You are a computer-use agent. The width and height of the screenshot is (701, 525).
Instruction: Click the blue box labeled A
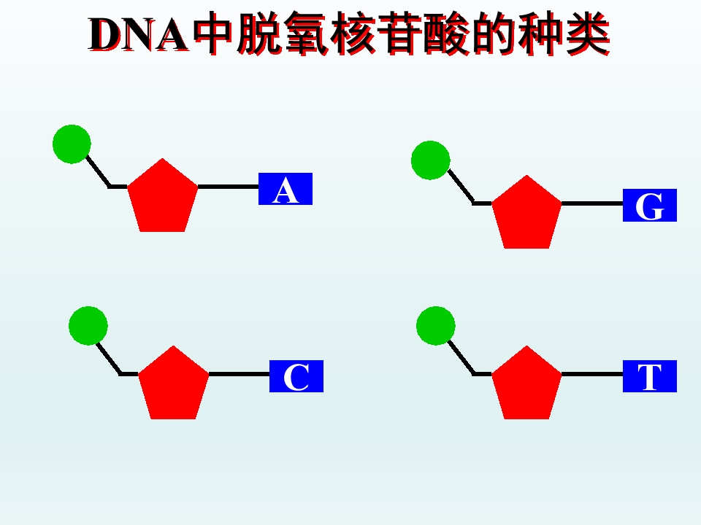(x=286, y=189)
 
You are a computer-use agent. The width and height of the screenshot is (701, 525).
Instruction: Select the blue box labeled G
(x=650, y=206)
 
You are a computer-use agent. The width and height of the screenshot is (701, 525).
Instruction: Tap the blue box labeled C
(x=296, y=376)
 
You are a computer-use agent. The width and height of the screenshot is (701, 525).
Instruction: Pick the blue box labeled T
(x=650, y=376)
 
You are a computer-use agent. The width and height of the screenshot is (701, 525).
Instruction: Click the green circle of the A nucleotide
(x=72, y=144)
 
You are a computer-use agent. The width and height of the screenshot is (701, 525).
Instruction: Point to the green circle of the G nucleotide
(x=431, y=160)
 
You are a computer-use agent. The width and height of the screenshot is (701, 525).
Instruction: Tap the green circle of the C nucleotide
(x=88, y=326)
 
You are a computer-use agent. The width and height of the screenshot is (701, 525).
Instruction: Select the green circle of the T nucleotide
(x=436, y=326)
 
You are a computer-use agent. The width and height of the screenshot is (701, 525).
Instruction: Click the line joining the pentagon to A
(x=228, y=187)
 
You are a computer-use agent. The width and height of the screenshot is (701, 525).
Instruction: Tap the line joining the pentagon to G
(x=592, y=203)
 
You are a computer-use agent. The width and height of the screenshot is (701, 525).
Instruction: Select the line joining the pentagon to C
(x=239, y=374)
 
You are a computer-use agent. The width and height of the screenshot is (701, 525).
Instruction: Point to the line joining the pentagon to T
(x=592, y=374)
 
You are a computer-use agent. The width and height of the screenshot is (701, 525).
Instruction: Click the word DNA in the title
(x=139, y=35)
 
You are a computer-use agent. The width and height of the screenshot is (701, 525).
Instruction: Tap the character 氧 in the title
(x=307, y=34)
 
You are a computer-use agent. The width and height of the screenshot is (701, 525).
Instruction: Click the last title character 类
(x=587, y=34)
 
